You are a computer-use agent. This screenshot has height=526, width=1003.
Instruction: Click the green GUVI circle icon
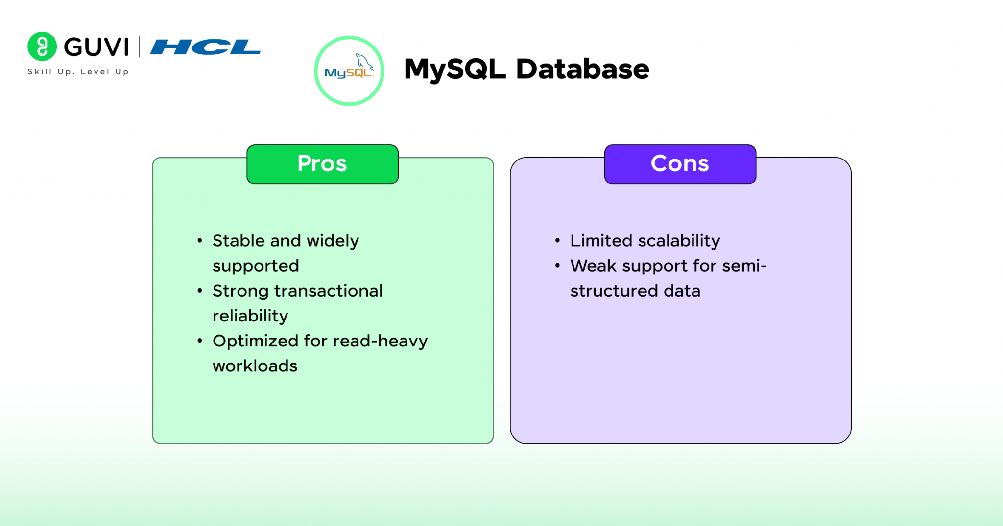click(42, 46)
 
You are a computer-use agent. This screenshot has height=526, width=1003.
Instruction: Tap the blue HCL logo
click(205, 47)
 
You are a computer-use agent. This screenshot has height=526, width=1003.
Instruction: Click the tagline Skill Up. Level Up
click(78, 72)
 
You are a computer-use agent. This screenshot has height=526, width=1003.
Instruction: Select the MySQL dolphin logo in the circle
click(349, 71)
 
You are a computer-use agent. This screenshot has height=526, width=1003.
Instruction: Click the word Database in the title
click(582, 69)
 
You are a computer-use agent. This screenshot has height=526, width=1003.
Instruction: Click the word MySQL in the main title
click(454, 69)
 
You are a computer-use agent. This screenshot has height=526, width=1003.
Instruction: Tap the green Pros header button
click(322, 164)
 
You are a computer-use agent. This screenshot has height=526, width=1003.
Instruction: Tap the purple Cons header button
click(680, 164)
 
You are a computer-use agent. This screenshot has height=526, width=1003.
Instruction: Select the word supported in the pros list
click(256, 266)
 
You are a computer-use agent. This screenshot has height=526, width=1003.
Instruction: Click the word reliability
click(250, 316)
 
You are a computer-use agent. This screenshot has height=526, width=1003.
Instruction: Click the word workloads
click(255, 366)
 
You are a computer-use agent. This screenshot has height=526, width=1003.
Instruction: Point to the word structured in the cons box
click(614, 291)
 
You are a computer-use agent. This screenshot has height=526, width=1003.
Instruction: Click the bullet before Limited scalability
click(557, 240)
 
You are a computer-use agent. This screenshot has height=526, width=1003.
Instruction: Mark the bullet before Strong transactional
click(200, 291)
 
